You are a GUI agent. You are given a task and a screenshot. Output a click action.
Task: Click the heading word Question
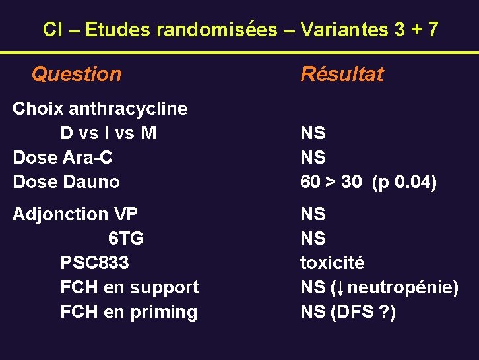point(77,75)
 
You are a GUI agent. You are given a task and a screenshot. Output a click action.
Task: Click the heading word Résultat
point(342,75)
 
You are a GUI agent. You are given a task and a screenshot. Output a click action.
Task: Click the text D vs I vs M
point(108,133)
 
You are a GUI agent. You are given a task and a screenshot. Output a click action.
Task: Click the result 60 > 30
point(331,182)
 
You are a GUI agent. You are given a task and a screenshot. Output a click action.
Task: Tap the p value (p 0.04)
point(404,182)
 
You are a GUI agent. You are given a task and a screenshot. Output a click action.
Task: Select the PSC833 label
point(94,262)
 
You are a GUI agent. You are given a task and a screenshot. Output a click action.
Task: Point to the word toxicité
point(332,262)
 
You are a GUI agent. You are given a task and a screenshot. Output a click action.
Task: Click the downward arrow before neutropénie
point(340,287)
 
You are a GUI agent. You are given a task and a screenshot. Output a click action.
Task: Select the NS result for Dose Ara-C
point(313,158)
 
